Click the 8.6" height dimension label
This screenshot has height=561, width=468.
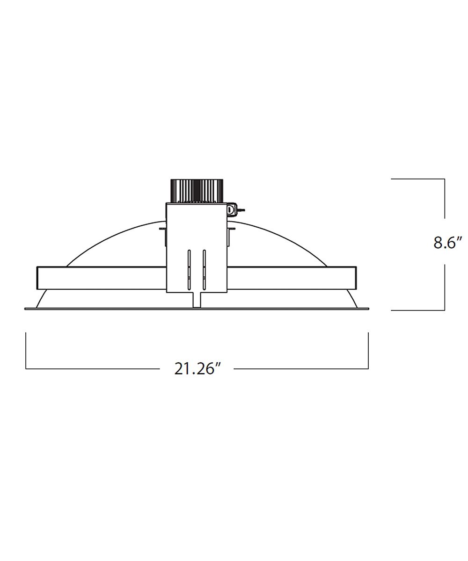(447, 243)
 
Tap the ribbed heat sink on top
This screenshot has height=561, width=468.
(197, 190)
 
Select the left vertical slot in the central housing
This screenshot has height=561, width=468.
(189, 270)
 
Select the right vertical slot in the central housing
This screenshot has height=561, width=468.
(205, 270)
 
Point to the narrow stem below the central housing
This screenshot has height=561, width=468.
(197, 300)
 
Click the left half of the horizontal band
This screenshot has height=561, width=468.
(102, 278)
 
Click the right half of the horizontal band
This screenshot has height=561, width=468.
(292, 278)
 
